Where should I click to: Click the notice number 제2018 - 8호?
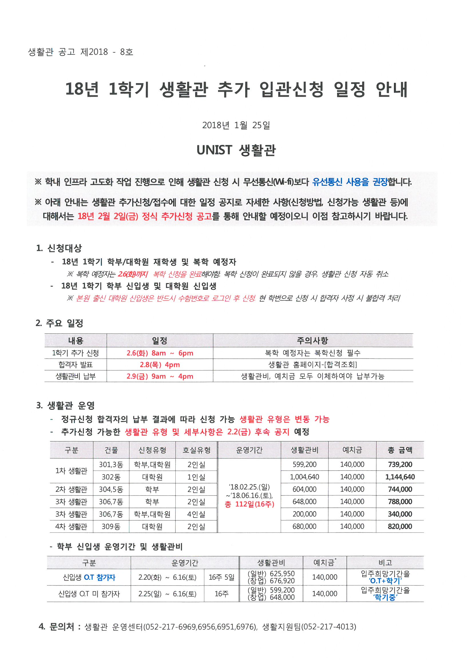(107, 52)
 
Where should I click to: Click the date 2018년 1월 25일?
(236, 125)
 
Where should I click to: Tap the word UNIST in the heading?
(214, 150)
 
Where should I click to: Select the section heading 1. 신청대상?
(59, 248)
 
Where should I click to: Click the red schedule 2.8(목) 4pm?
(160, 365)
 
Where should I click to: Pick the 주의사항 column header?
(312, 340)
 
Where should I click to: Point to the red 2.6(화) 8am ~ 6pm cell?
(160, 353)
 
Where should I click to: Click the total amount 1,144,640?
(400, 477)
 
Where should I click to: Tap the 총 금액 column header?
(400, 450)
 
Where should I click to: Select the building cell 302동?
(111, 477)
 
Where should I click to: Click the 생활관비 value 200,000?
(304, 514)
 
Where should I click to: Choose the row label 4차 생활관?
(72, 526)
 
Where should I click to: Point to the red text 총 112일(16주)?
(250, 504)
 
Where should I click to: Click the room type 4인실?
(196, 514)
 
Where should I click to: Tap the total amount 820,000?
(400, 526)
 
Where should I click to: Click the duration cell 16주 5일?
(221, 577)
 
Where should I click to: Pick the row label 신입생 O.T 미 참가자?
(89, 594)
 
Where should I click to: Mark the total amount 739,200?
(400, 464)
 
